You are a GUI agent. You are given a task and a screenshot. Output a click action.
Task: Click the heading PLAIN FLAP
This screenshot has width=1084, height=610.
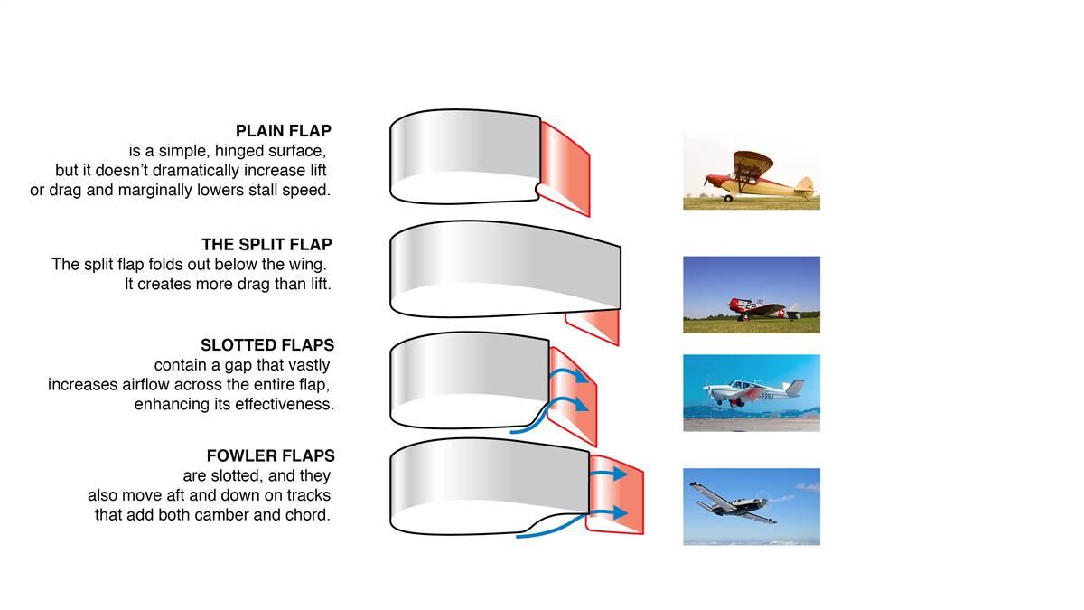click(x=284, y=131)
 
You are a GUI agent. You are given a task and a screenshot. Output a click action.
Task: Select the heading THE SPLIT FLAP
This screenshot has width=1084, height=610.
click(x=266, y=245)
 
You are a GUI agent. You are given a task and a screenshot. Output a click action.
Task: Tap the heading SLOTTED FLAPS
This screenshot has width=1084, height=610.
click(x=267, y=345)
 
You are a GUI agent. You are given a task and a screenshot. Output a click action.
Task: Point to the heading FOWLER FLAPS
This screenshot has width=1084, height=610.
click(x=270, y=455)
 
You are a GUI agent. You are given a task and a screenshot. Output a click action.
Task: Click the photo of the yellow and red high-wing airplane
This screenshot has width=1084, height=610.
click(x=751, y=171)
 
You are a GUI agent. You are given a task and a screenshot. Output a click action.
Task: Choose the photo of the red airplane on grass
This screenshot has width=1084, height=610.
click(x=751, y=295)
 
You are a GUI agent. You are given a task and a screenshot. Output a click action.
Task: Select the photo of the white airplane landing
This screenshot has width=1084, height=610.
click(x=751, y=392)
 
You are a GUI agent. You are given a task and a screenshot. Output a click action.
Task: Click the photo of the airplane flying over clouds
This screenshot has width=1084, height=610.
click(x=751, y=506)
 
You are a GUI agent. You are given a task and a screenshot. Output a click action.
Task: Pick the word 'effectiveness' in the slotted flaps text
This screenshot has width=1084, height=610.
click(x=279, y=405)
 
